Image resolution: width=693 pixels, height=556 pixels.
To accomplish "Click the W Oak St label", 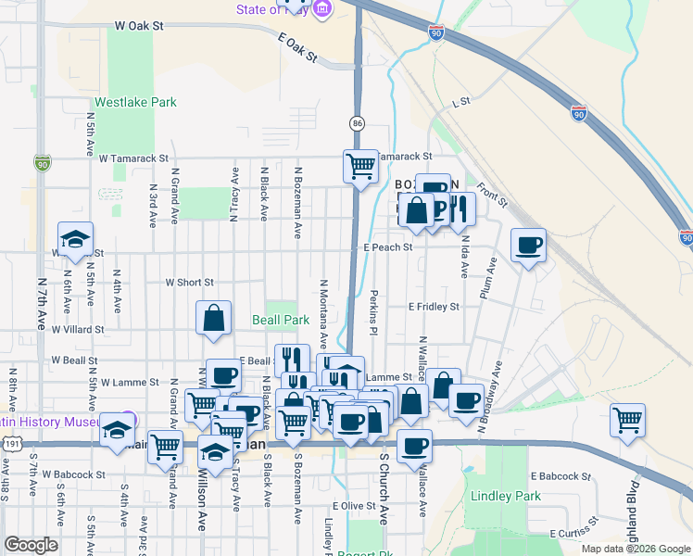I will [137, 27].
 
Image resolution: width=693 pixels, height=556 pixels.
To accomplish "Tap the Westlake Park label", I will [134, 103].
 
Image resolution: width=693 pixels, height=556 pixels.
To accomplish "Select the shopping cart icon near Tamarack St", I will [360, 167].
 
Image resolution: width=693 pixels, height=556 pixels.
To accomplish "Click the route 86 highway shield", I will [357, 123].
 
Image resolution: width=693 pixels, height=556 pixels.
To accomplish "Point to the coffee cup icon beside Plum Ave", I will [528, 246].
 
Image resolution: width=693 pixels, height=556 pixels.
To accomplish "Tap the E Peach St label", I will [387, 247].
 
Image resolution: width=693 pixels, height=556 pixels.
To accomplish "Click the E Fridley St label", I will [434, 306].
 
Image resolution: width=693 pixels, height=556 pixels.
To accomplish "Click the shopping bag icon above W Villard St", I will [214, 318].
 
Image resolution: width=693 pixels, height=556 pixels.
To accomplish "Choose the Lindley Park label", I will [505, 496].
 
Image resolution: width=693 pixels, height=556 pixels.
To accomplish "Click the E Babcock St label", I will [561, 476].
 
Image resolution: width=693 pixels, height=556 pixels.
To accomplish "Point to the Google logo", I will [31, 545].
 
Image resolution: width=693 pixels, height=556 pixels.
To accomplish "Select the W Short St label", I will [189, 283].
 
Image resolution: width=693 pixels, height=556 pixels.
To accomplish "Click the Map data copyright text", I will [635, 548].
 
